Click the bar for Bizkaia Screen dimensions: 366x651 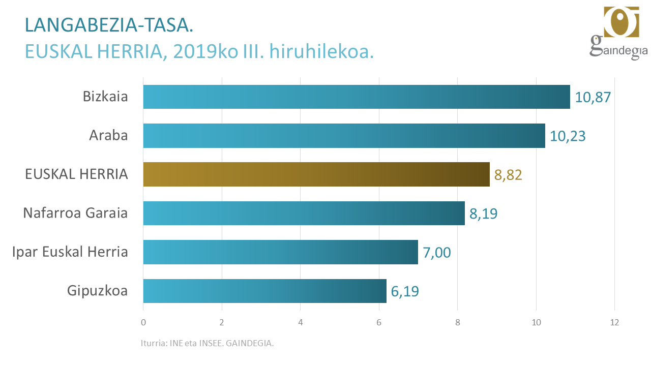[x=356, y=97]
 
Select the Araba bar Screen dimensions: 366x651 [x=344, y=136]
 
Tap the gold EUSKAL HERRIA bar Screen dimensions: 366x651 [x=316, y=174]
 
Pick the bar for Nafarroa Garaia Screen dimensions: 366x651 [x=304, y=213]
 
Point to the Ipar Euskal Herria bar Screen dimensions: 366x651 [x=280, y=252]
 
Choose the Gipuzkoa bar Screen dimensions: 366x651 [x=264, y=291]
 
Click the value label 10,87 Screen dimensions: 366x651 [x=593, y=97]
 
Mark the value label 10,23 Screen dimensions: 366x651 [x=568, y=136]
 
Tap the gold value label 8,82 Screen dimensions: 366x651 [x=508, y=175]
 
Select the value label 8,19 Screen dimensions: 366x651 [x=483, y=213]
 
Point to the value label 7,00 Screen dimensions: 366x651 [x=436, y=253]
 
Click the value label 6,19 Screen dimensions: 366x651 [x=405, y=291]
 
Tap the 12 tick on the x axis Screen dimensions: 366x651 [x=614, y=322]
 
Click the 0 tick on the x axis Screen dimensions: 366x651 [x=143, y=322]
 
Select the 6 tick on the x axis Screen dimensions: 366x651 [x=379, y=322]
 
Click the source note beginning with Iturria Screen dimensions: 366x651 [x=207, y=343]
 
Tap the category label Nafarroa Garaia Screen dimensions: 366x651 [x=75, y=213]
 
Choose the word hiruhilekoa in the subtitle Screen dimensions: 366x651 [x=321, y=52]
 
